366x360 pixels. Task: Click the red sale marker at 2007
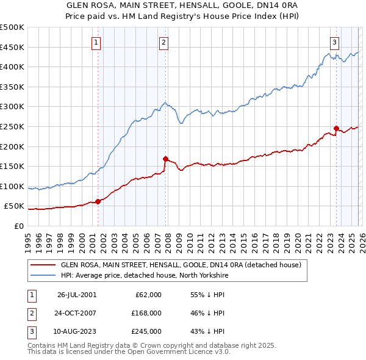click(x=165, y=159)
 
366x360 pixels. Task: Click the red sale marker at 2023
click(x=336, y=128)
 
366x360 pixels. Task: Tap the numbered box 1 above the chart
click(x=97, y=42)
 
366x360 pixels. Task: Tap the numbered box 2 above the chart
click(x=164, y=42)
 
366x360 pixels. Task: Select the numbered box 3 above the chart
click(x=335, y=42)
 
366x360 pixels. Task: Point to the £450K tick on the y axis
click(x=12, y=47)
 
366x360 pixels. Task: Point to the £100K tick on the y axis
click(x=12, y=186)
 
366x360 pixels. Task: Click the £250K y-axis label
click(x=12, y=126)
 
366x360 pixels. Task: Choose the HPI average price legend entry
click(x=144, y=276)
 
